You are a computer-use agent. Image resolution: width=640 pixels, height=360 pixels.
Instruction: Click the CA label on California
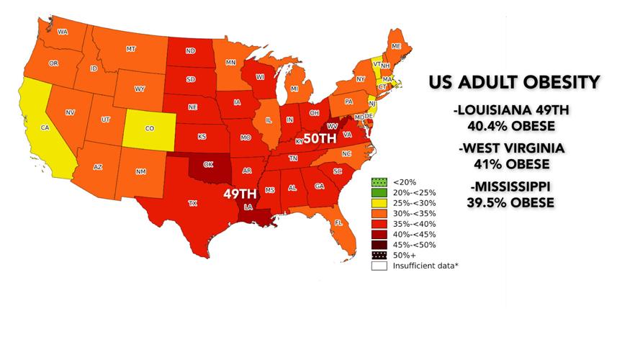[x=45, y=127]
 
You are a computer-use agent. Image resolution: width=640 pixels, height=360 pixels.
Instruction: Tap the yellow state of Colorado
[x=150, y=128]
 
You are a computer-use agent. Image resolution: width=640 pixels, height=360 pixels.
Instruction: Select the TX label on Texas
[x=193, y=203]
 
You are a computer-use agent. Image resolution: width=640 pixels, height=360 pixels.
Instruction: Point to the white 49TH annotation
[x=239, y=194]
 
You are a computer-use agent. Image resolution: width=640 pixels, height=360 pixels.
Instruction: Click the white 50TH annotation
[x=320, y=138]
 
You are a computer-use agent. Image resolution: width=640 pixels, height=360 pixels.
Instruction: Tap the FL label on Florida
[x=338, y=223]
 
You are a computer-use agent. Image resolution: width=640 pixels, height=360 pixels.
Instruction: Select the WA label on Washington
[x=63, y=32]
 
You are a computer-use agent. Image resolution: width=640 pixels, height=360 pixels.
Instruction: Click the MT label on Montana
[x=131, y=49]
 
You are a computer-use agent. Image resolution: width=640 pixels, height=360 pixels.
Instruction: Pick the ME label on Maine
[x=396, y=46]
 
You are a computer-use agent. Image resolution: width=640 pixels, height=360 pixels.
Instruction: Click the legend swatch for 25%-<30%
[x=377, y=203]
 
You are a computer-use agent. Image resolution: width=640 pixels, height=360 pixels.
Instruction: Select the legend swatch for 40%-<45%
[x=377, y=234]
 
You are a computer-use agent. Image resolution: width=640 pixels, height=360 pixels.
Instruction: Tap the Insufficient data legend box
[x=377, y=266]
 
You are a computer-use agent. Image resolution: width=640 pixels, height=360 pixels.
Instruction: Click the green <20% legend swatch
[x=377, y=182]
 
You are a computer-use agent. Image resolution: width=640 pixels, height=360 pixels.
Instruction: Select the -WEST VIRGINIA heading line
[x=511, y=148]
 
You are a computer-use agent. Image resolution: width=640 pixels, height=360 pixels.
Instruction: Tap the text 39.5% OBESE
[x=511, y=202]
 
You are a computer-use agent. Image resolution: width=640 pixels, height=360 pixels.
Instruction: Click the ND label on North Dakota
[x=190, y=51]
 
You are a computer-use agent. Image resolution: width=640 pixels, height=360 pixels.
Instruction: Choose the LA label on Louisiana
[x=248, y=207]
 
